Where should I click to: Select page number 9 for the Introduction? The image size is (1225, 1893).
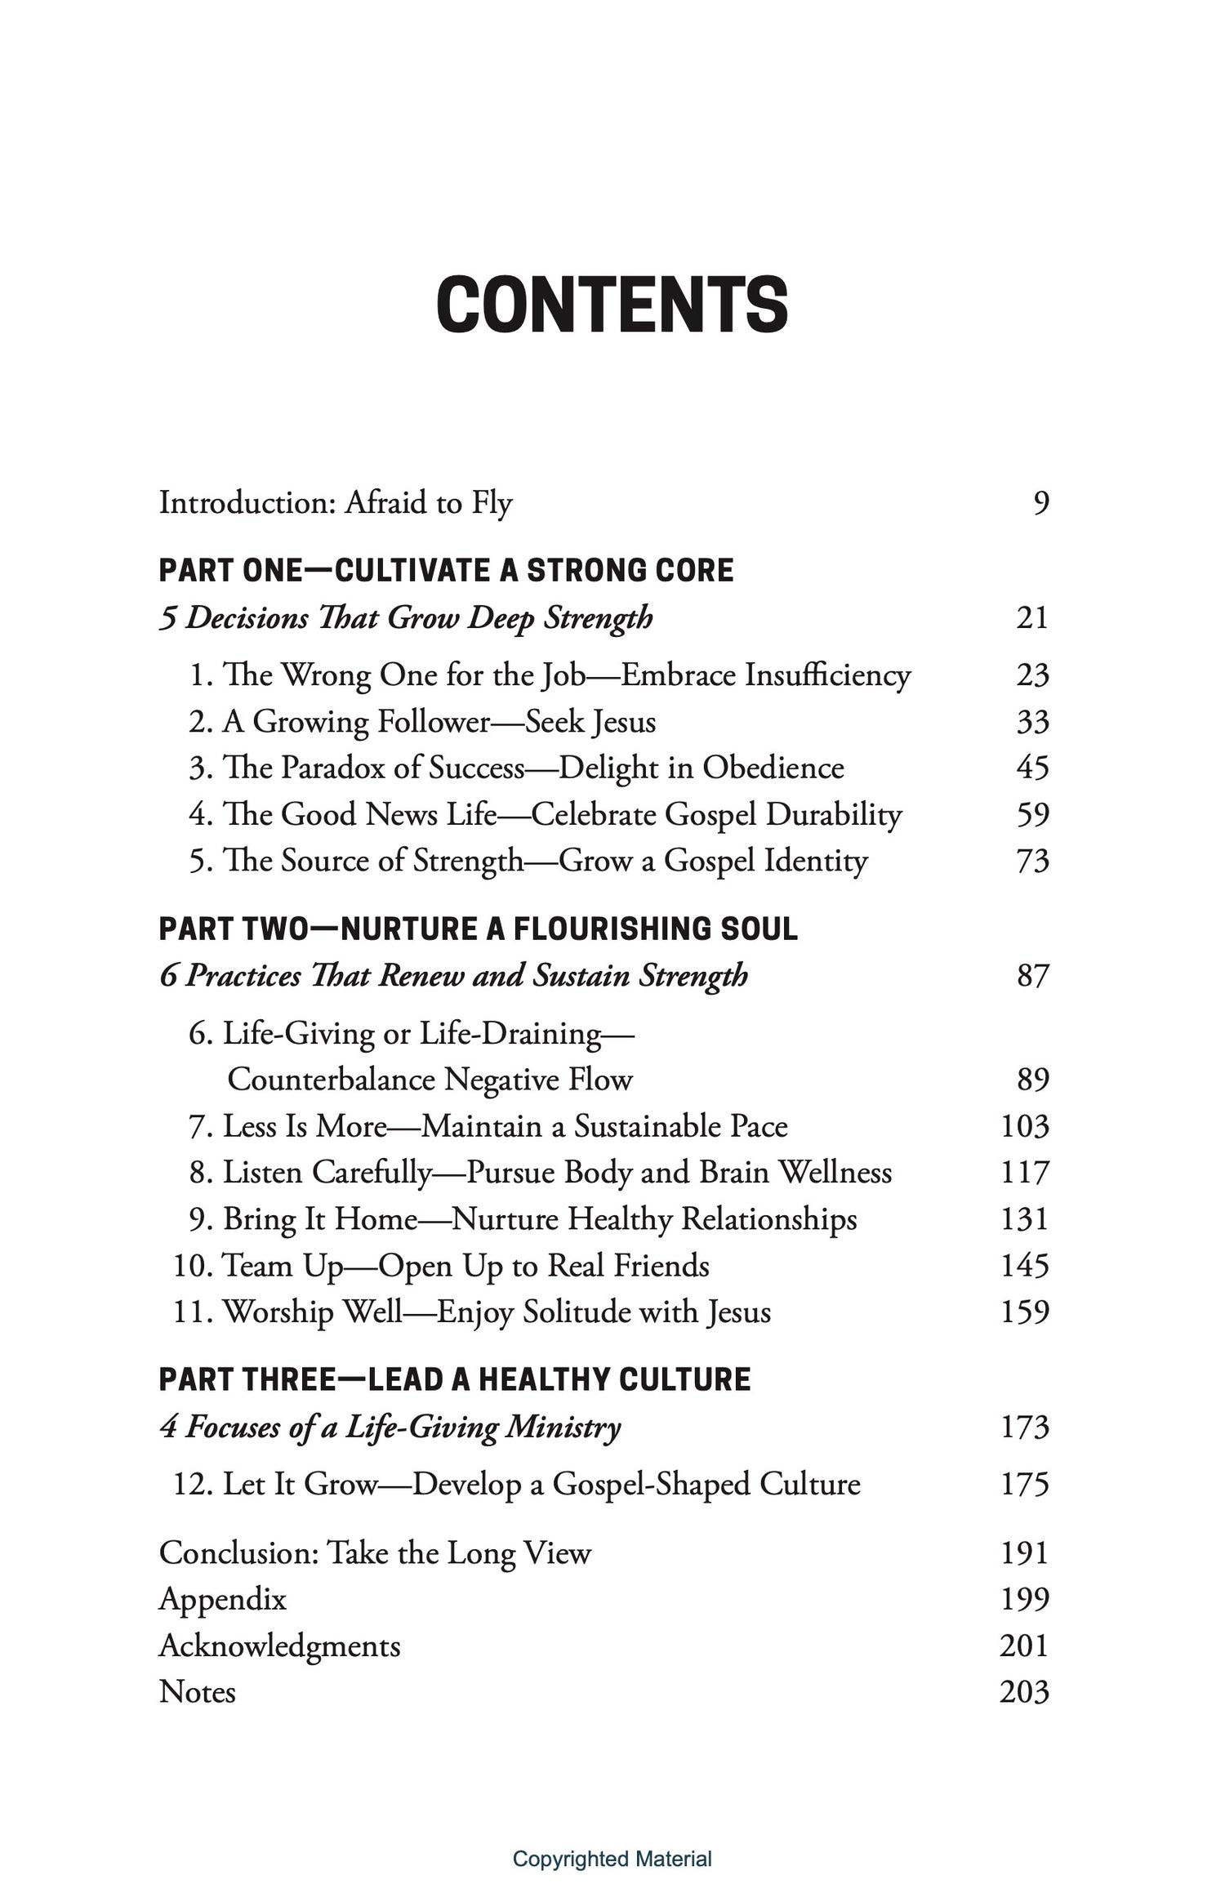pyautogui.click(x=1040, y=502)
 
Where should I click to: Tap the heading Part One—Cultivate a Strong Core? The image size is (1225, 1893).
pyautogui.click(x=446, y=570)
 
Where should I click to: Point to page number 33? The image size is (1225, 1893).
pyautogui.click(x=1032, y=722)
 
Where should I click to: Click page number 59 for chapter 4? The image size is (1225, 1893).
pyautogui.click(x=1032, y=814)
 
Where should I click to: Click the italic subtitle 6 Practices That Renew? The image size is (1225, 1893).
pyautogui.click(x=453, y=976)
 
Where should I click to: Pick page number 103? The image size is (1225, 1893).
pyautogui.click(x=1024, y=1126)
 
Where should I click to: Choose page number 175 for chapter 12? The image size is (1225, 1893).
pyautogui.click(x=1024, y=1484)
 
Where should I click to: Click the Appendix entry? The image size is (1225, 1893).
pyautogui.click(x=222, y=1599)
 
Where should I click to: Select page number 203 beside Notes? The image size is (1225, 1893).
pyautogui.click(x=1024, y=1691)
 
